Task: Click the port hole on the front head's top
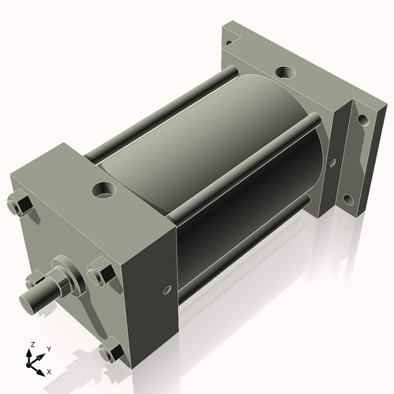click(x=104, y=189)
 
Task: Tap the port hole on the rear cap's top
click(x=284, y=72)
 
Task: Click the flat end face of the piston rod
click(x=28, y=304)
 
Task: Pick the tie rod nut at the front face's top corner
click(x=20, y=205)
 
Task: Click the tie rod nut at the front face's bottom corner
click(x=111, y=351)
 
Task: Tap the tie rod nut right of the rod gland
click(x=101, y=273)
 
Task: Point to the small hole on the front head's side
click(x=166, y=291)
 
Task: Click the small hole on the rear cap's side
click(x=333, y=163)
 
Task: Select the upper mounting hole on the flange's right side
click(x=363, y=120)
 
